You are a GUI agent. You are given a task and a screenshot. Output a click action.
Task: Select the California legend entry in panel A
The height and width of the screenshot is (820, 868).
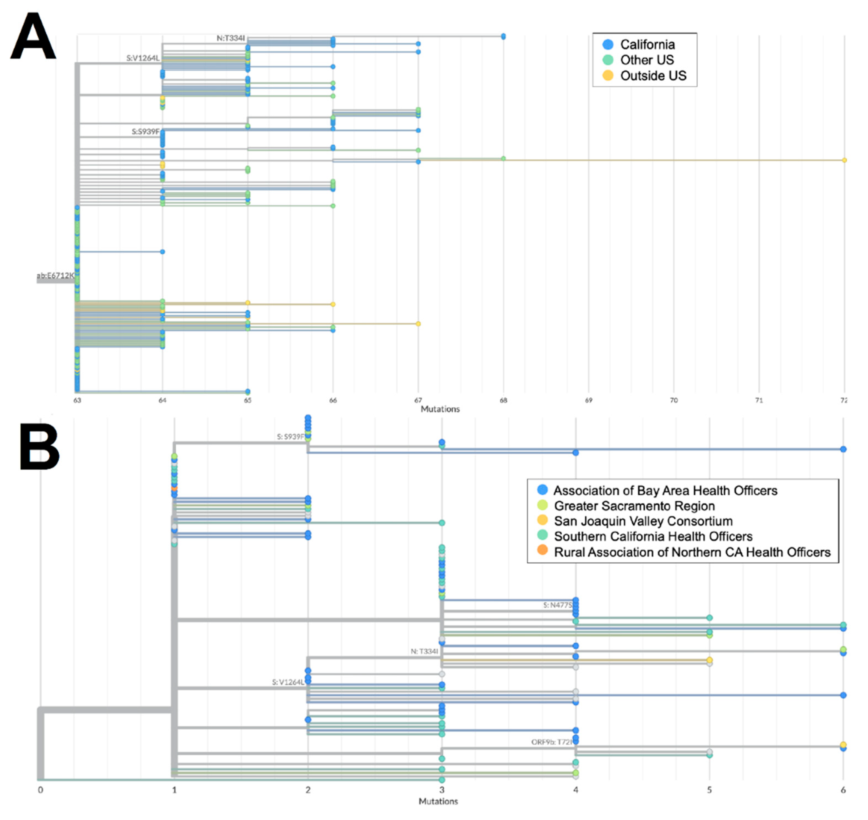647,45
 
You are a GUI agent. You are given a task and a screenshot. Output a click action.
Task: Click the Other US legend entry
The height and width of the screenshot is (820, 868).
646,60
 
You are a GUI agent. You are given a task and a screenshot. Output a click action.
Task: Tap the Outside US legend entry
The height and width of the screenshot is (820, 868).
653,76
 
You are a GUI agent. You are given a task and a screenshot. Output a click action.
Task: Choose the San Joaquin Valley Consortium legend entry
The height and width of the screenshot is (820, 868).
643,521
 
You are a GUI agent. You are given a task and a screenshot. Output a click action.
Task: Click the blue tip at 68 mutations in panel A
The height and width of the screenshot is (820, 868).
504,36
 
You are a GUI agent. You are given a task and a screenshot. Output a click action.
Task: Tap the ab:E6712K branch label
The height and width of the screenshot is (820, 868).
55,275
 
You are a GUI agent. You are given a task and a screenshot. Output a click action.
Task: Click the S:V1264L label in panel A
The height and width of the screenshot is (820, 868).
143,58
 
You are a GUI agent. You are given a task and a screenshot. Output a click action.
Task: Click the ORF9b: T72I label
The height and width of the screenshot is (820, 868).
552,742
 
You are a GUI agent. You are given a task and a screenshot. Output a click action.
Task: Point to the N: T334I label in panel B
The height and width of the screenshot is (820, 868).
424,651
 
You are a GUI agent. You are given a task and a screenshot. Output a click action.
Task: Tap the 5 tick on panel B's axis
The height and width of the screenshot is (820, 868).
709,790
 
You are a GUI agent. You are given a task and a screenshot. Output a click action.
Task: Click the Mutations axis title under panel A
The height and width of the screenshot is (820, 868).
440,409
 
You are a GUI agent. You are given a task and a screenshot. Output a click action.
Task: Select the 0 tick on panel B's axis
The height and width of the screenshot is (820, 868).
41,790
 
